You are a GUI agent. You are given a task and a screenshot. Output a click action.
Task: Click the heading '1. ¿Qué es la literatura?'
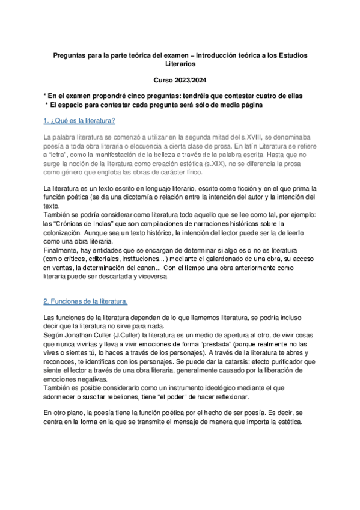click(80, 121)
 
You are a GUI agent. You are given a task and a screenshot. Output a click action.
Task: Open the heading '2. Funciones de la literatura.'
click(86, 301)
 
